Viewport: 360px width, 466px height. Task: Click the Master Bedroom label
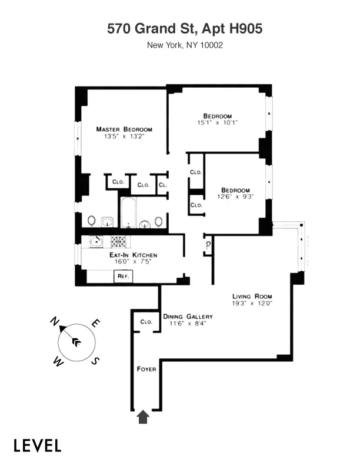(x=124, y=129)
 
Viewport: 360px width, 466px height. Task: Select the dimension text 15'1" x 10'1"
(x=217, y=122)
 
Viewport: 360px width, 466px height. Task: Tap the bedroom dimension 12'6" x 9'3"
(x=235, y=197)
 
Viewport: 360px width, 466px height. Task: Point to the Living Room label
(x=252, y=296)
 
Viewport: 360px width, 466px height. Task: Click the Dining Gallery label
(x=188, y=316)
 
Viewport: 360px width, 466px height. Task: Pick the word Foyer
(x=146, y=369)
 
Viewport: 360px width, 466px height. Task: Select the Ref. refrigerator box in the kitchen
(x=124, y=275)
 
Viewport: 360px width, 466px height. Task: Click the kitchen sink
(x=95, y=240)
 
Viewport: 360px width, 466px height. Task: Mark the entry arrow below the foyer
(x=143, y=417)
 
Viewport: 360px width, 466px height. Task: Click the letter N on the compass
(x=54, y=321)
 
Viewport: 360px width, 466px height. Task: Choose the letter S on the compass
(x=96, y=361)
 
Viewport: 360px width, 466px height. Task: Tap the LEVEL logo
(x=37, y=445)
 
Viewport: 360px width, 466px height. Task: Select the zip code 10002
(x=210, y=44)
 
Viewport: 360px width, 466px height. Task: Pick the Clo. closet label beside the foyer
(x=146, y=322)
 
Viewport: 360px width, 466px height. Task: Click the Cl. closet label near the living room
(x=208, y=245)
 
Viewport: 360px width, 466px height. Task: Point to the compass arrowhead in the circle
(x=75, y=341)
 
